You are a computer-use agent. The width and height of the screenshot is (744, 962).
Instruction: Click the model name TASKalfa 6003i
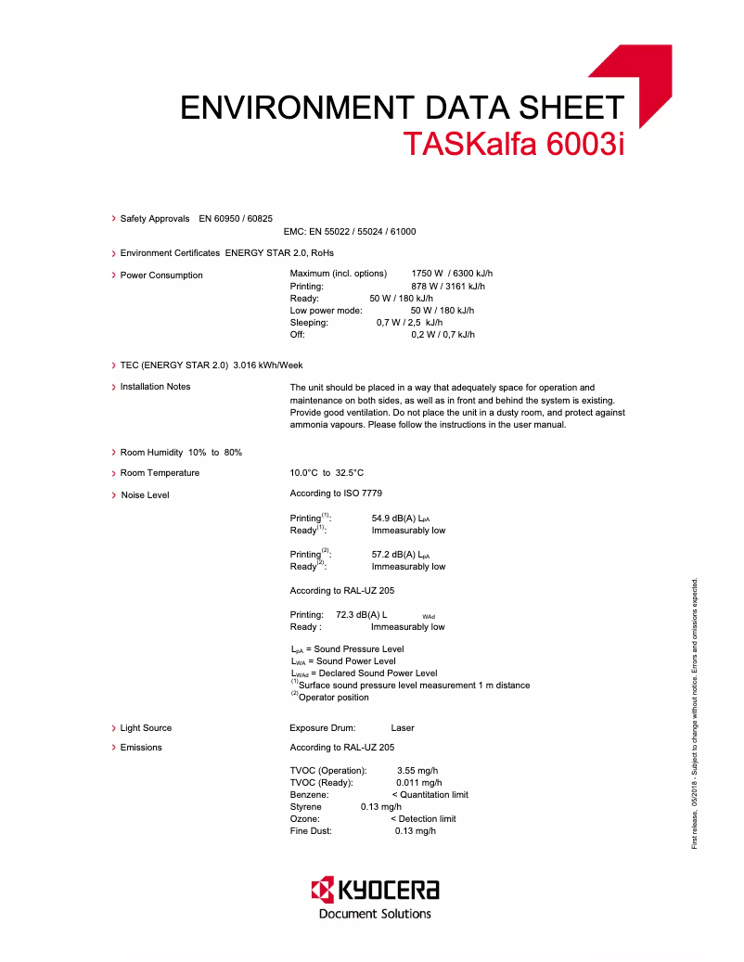point(514,144)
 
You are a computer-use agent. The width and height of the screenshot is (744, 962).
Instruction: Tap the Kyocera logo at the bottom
point(375,897)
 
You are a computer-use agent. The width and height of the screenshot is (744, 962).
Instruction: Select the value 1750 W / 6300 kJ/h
point(452,274)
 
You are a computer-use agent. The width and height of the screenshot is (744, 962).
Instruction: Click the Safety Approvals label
point(155,218)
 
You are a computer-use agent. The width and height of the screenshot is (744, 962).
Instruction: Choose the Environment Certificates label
point(170,252)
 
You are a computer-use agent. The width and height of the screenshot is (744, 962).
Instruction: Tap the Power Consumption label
point(161,276)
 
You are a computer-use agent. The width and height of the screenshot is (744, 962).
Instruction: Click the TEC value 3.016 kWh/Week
point(268,366)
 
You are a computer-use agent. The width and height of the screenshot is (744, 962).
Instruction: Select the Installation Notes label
point(156,387)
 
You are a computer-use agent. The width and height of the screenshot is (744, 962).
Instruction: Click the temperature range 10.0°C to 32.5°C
point(327,473)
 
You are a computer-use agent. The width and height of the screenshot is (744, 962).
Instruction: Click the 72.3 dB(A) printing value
point(361,615)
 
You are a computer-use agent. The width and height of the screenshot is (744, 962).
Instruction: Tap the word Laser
point(403,728)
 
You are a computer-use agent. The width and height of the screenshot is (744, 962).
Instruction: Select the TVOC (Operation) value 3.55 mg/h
point(417,771)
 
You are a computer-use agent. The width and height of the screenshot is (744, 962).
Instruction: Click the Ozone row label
point(305,819)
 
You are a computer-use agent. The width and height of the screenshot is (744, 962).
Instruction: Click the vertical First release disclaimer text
point(695,714)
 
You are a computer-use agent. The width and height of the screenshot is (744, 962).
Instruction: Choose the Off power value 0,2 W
point(443,335)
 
